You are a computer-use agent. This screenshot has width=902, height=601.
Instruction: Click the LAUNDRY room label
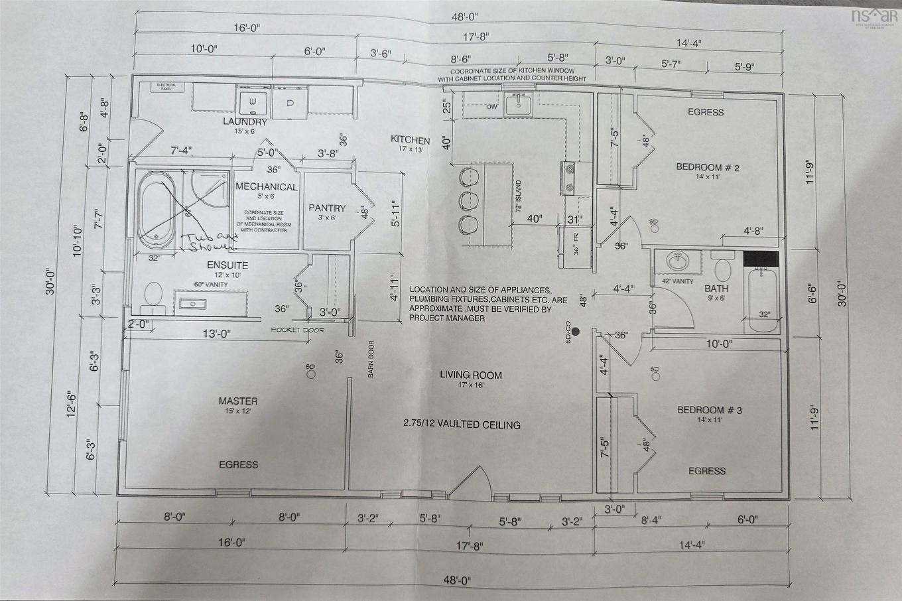pos(245,122)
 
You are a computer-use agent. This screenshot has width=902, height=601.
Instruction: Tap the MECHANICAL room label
pos(266,186)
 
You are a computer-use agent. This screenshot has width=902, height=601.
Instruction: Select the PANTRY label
pos(327,208)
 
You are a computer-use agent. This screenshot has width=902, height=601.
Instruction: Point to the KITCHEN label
pos(410,140)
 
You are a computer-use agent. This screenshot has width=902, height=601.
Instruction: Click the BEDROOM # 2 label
pos(707,167)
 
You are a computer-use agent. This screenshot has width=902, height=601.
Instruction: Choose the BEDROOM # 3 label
pos(709,410)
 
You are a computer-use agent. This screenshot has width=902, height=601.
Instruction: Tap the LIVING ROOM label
pos(471,375)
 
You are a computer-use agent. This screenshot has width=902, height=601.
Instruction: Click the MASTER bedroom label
pos(238,401)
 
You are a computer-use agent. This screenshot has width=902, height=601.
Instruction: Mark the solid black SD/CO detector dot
pos(576,331)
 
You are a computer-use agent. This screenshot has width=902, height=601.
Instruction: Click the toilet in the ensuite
pos(154,295)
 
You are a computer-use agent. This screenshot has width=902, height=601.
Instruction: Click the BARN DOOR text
pos(371,359)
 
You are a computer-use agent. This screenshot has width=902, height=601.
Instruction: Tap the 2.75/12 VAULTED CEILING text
pos(462,425)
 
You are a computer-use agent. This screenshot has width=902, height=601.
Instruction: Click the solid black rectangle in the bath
pos(759,259)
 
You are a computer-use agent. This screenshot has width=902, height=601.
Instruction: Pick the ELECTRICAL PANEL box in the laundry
pos(163,87)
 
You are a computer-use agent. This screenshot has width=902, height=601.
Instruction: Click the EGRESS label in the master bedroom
pos(238,464)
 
